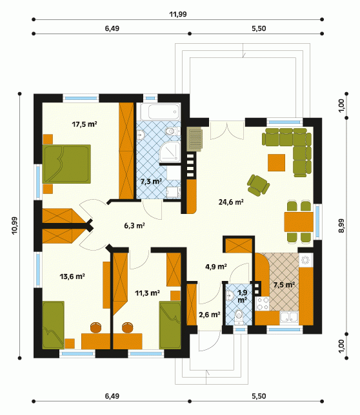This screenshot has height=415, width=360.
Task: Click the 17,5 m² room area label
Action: [x=85, y=124]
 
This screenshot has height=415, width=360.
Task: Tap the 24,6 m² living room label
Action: [x=231, y=202]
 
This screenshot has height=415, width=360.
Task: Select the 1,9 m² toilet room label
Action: [x=243, y=296]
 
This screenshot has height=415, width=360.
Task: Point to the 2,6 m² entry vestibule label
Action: [x=210, y=314]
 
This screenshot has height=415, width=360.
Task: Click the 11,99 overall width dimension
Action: [x=178, y=14]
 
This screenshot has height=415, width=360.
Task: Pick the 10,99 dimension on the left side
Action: [x=15, y=226]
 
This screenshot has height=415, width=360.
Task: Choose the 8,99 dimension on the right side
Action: [x=341, y=226]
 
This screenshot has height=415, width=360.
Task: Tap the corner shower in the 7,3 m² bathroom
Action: [x=170, y=151]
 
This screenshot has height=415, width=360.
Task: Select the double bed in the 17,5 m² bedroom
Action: [x=66, y=164]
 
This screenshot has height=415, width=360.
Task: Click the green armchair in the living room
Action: [x=258, y=185]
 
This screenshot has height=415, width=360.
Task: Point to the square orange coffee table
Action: [x=276, y=162]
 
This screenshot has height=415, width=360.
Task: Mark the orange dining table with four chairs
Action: [x=299, y=222]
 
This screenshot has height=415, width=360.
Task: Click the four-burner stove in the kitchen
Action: [x=262, y=304]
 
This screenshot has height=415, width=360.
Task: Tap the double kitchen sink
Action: [x=289, y=317]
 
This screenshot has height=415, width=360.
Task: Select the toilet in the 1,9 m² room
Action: [x=239, y=316]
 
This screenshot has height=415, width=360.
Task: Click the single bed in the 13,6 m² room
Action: [x=54, y=325]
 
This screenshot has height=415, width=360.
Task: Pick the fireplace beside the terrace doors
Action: [x=194, y=139]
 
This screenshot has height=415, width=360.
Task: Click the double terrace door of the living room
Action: [x=227, y=130]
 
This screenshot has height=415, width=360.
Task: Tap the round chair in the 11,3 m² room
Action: [x=128, y=327]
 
